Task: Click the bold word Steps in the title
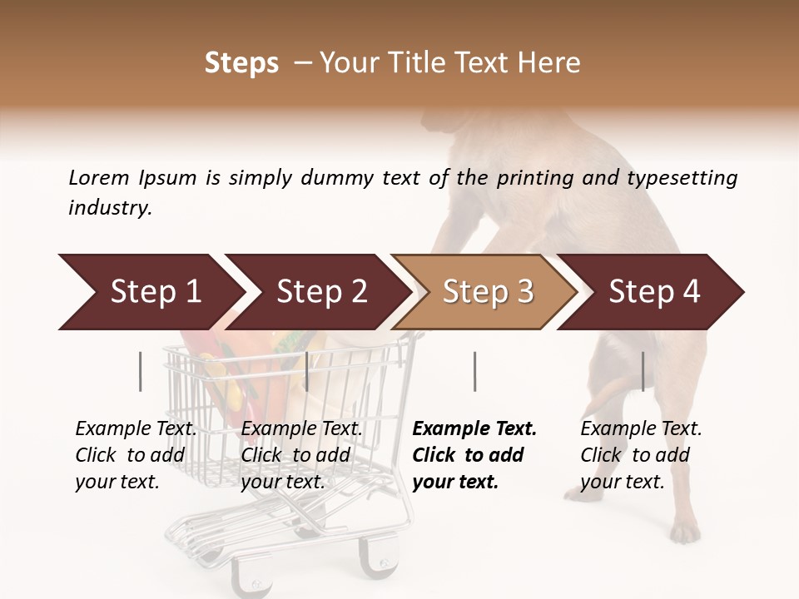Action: pos(241,63)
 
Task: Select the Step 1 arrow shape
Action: pos(150,292)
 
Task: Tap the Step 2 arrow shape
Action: pos(321,292)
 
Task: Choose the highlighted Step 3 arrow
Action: pos(488,292)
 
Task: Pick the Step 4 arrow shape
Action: pos(654,292)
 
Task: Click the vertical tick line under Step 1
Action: pos(140,371)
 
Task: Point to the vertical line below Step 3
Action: pos(474,371)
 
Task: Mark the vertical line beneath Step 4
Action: pos(643,371)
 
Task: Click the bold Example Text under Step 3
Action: pos(474,429)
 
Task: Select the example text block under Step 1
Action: pos(136,455)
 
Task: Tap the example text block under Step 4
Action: pos(641,455)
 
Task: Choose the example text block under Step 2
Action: pos(301,455)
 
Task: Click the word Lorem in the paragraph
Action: pos(99,178)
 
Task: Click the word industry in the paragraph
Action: pos(108,208)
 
